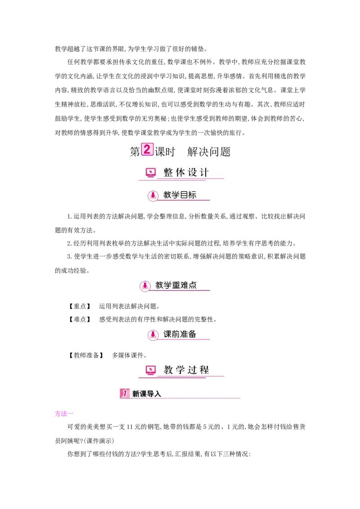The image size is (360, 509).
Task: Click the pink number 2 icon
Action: (147, 149)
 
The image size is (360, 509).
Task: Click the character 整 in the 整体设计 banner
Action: (168, 173)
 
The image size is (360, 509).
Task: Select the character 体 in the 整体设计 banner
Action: (180, 173)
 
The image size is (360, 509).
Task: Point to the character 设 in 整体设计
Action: (193, 173)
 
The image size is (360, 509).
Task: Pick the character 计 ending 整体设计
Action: (204, 173)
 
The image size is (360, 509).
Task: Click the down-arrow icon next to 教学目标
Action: (153, 196)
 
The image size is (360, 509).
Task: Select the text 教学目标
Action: (180, 195)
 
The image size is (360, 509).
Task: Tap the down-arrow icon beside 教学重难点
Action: (145, 286)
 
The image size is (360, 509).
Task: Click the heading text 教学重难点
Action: (176, 285)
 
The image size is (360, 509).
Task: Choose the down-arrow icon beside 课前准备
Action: (153, 335)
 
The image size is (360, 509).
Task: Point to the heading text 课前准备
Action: (180, 334)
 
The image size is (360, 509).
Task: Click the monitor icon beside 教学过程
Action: (151, 370)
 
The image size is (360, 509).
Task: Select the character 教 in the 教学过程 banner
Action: (168, 370)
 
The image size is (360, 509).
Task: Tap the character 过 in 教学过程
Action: (193, 370)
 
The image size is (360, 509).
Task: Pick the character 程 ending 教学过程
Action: (204, 370)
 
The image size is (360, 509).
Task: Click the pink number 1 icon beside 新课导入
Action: (125, 393)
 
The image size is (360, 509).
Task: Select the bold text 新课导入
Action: (146, 394)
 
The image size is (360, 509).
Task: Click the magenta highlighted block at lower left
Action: (61, 414)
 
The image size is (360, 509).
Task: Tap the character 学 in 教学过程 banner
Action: (180, 370)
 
